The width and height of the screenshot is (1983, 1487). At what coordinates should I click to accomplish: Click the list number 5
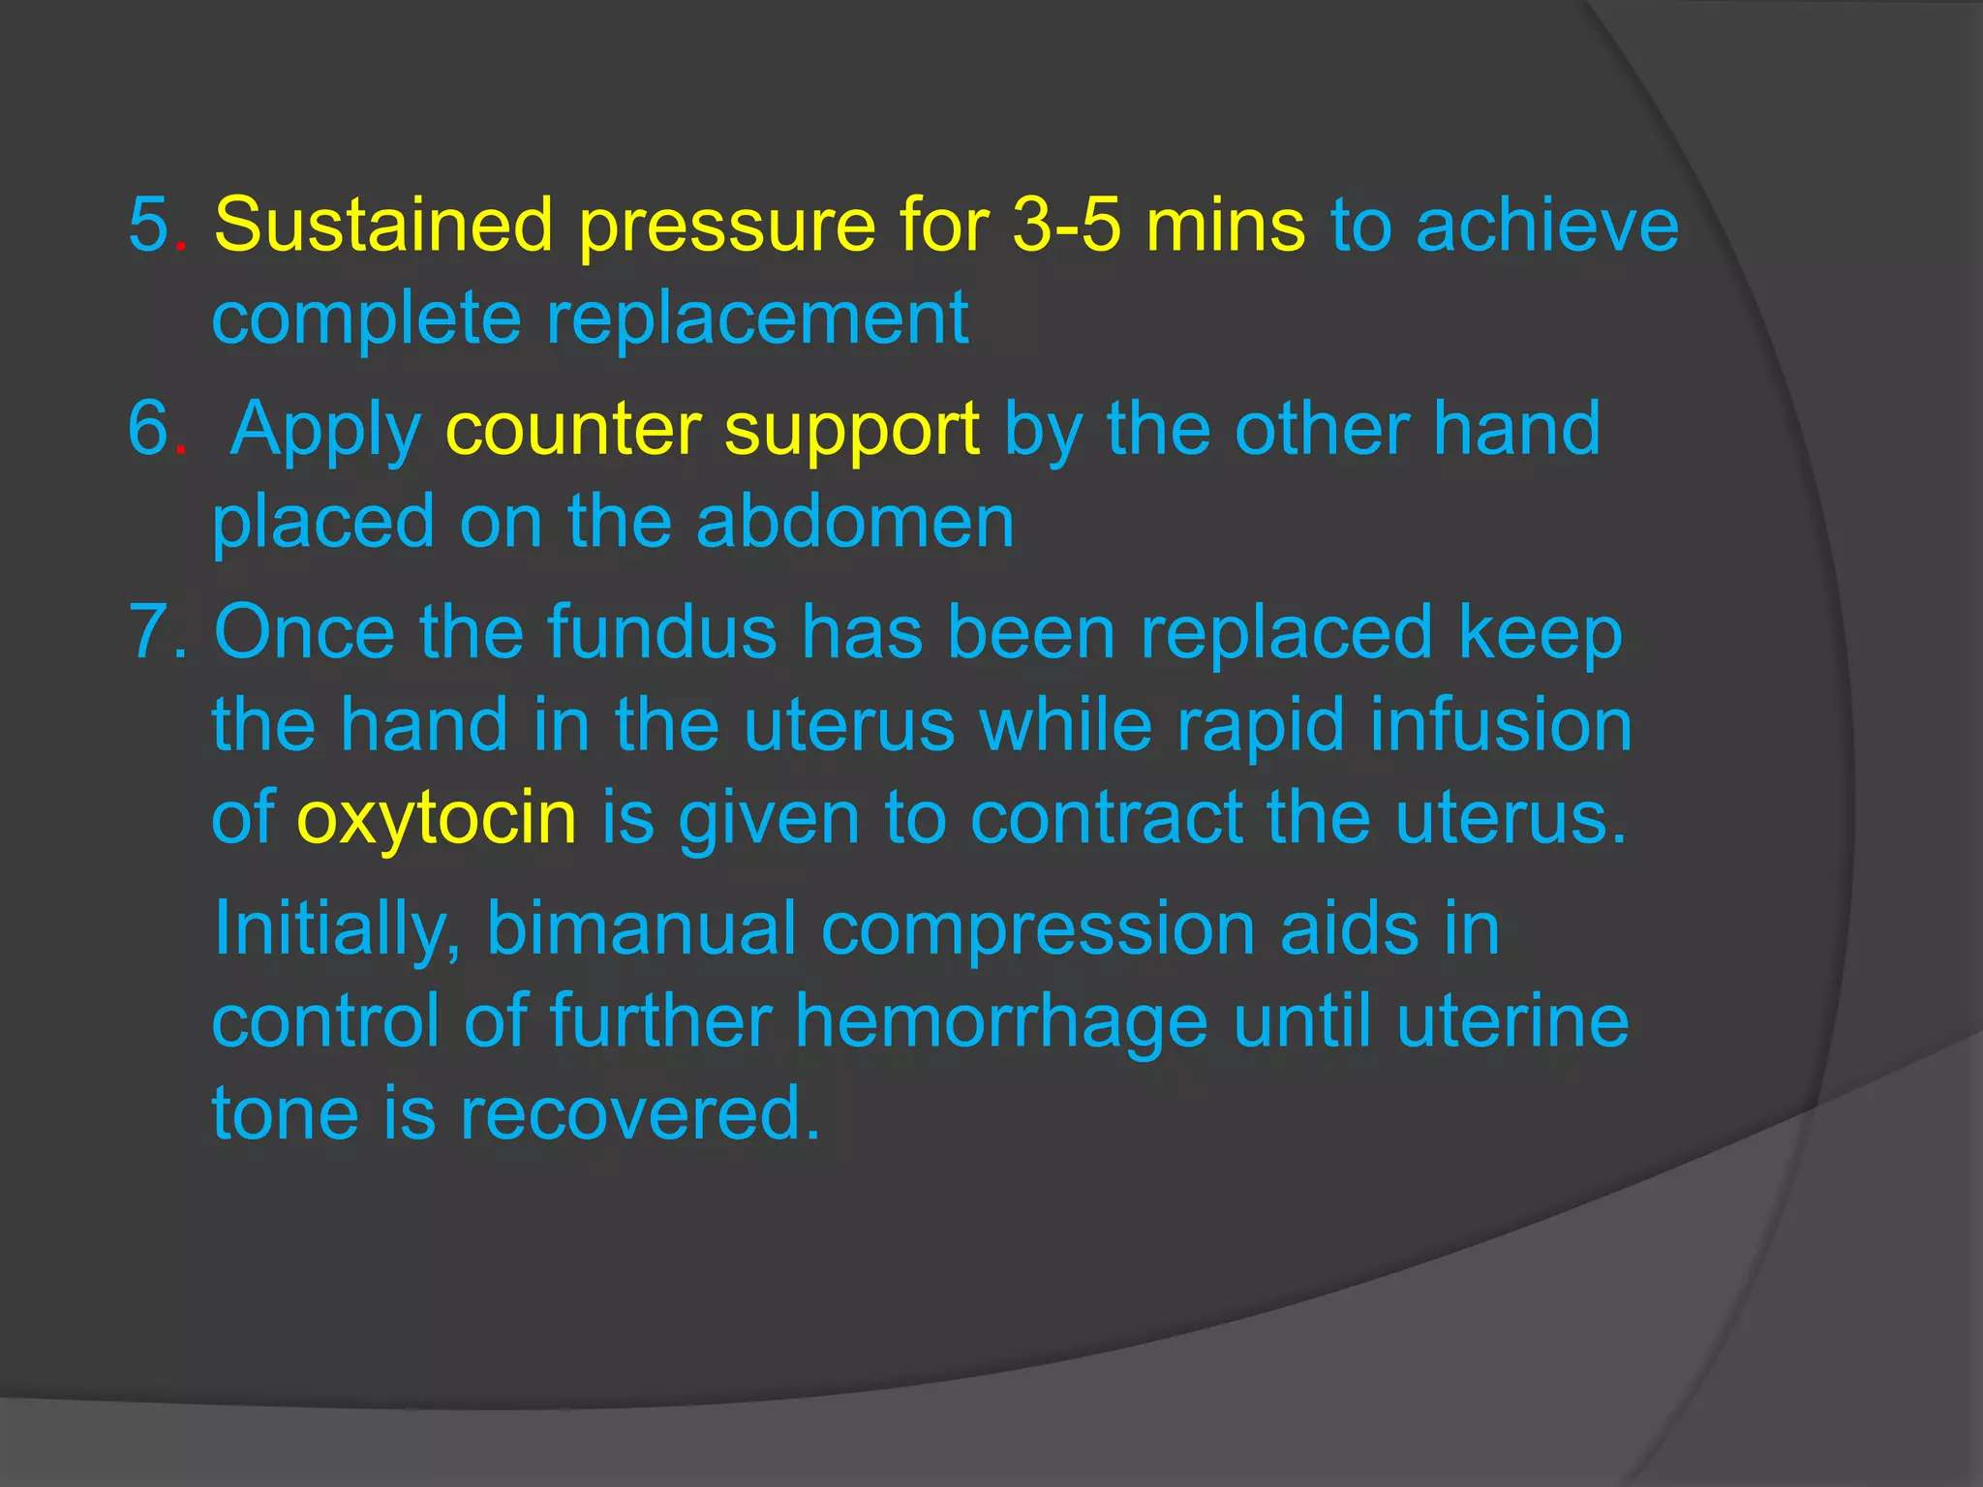pos(150,226)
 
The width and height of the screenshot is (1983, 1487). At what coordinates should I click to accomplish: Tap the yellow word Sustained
pos(383,226)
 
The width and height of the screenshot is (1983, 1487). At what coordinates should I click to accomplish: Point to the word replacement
pos(757,319)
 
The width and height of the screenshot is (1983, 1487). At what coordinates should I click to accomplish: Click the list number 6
pos(150,429)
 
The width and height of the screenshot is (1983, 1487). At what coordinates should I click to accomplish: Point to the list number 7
pos(150,632)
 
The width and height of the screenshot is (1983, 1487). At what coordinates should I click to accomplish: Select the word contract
pos(1106,818)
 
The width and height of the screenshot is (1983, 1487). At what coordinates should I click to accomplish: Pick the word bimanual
pos(641,928)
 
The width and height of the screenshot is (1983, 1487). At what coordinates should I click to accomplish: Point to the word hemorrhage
pos(1001,1021)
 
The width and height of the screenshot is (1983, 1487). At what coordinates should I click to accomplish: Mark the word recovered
pos(639,1114)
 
